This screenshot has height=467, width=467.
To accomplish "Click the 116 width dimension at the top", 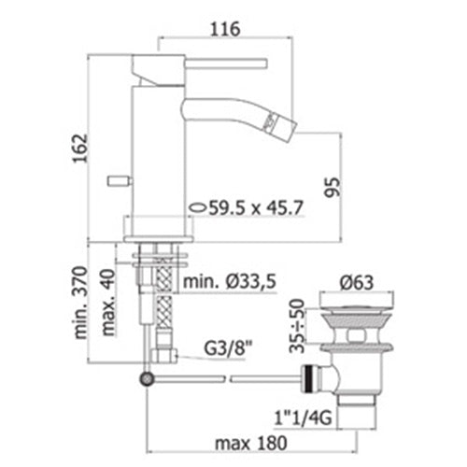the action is click(x=226, y=29).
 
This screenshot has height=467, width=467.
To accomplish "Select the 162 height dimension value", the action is click(x=79, y=149).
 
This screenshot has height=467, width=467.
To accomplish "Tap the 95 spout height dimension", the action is click(x=333, y=187).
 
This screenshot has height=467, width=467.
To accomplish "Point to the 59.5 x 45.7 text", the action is click(x=256, y=207).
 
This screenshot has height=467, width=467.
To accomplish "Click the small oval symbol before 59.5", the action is click(x=198, y=207).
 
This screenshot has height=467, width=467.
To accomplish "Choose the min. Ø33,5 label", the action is click(x=230, y=282).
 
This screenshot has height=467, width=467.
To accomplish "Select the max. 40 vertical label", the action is click(x=108, y=303).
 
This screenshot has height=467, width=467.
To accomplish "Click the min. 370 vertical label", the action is click(x=80, y=303).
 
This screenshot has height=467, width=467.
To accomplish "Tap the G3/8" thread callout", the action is click(x=228, y=349).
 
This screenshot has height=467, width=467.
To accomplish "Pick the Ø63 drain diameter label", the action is click(x=357, y=283).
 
